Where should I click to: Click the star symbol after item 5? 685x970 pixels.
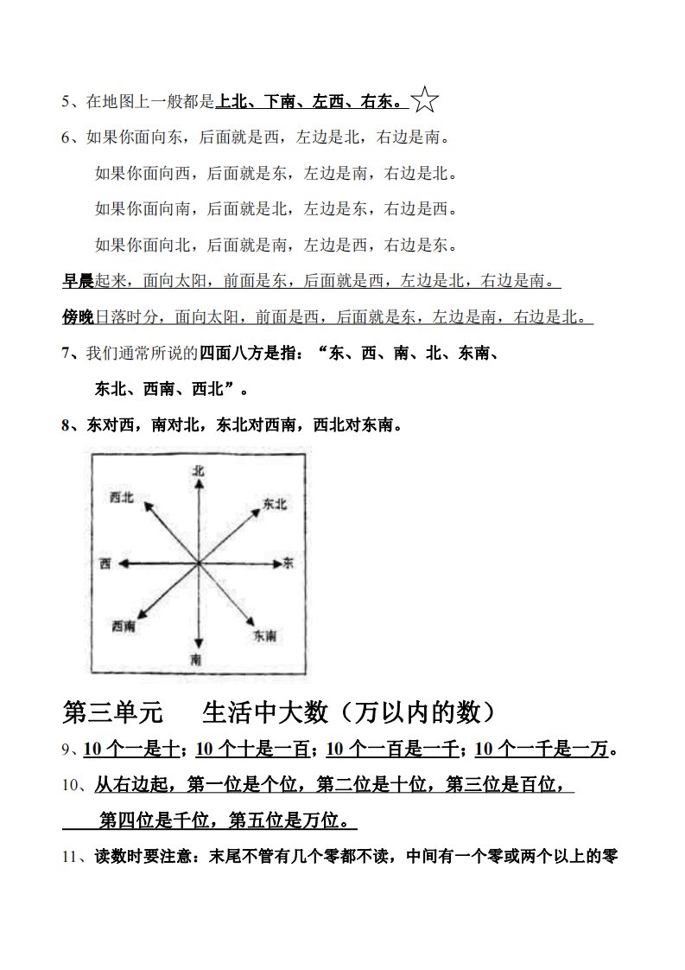[x=424, y=100]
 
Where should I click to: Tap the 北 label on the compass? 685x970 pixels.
[x=199, y=470]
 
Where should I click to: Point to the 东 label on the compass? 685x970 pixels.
[x=289, y=564]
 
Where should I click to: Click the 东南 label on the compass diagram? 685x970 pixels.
[x=264, y=635]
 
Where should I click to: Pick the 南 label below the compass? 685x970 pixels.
[x=197, y=660]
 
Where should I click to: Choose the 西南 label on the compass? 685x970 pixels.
[x=124, y=625]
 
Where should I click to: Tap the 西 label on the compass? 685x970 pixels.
[x=105, y=564]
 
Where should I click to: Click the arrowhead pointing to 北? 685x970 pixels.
[x=199, y=484]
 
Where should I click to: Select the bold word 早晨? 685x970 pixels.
[x=78, y=281]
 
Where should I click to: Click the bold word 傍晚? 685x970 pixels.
[x=78, y=317]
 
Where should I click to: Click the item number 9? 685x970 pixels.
[x=67, y=750]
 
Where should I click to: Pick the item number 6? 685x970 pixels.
[x=67, y=137]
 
